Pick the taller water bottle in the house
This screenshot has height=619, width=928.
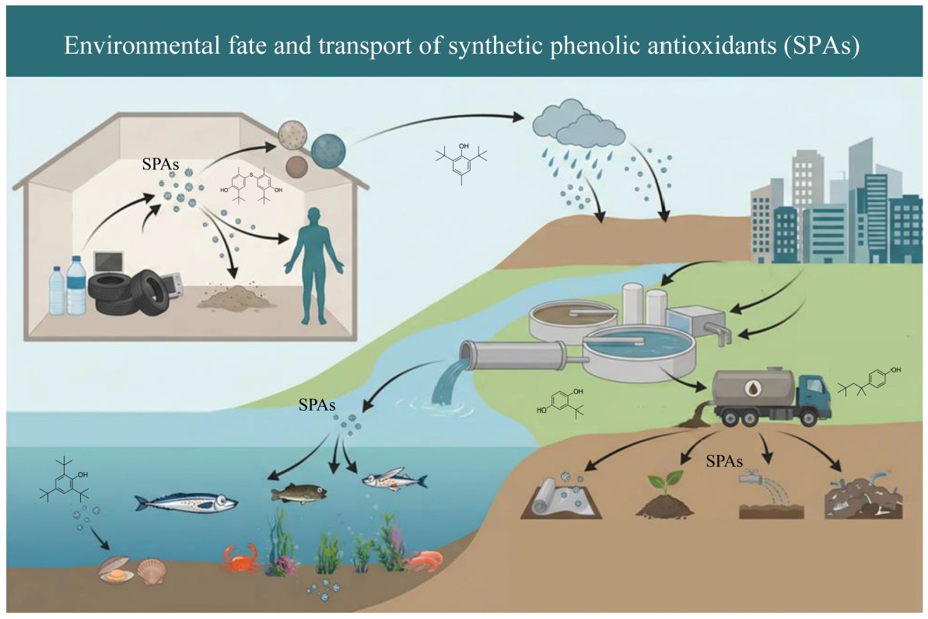tap(76, 285)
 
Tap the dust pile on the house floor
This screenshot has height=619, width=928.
tap(236, 296)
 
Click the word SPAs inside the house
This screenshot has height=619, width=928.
tap(160, 164)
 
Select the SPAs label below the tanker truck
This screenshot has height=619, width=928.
tap(724, 460)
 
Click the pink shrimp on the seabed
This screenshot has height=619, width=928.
tap(425, 560)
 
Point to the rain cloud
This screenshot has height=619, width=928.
tap(579, 124)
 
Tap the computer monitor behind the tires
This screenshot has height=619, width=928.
tap(109, 262)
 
